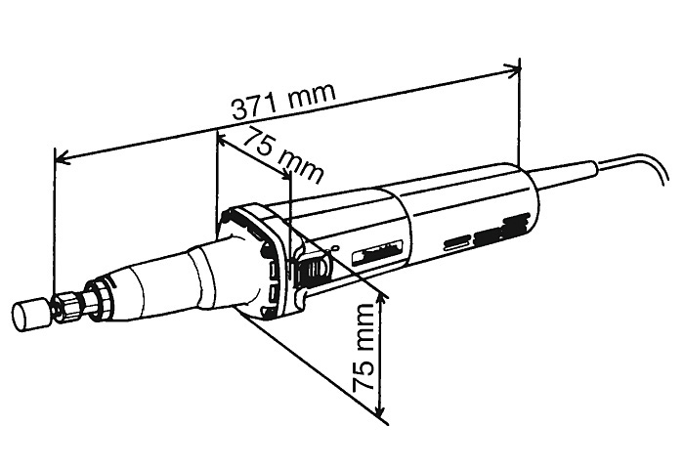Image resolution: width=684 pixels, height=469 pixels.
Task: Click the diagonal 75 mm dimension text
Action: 283,155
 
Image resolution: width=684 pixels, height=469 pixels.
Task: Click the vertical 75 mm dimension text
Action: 363,348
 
